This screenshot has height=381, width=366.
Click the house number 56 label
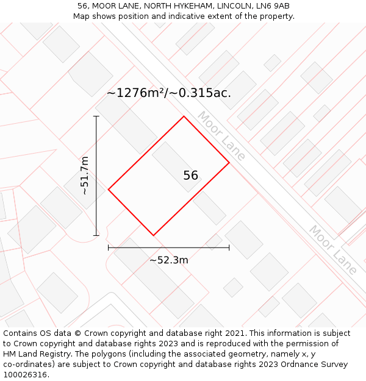tap(190, 176)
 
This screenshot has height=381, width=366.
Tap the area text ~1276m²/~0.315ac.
tap(169, 93)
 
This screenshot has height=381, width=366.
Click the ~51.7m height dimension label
tap(85, 176)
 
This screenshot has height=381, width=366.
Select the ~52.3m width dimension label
tap(169, 260)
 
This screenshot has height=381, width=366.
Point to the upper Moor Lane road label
tap(221, 137)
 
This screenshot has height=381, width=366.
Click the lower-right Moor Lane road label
tap(332, 250)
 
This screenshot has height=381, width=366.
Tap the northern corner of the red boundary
tap(184, 116)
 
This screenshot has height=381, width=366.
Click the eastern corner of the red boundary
tap(229, 163)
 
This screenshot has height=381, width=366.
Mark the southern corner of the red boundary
tap(153, 235)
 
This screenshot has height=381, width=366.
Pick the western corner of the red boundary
tap(109, 190)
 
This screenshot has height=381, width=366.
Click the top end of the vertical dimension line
tap(96, 116)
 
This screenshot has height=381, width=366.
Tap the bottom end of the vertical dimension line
tap(96, 235)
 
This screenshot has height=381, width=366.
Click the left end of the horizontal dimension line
tap(109, 247)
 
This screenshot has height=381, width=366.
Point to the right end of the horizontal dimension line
tap(229, 247)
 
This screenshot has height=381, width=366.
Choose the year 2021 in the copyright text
tap(234, 333)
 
